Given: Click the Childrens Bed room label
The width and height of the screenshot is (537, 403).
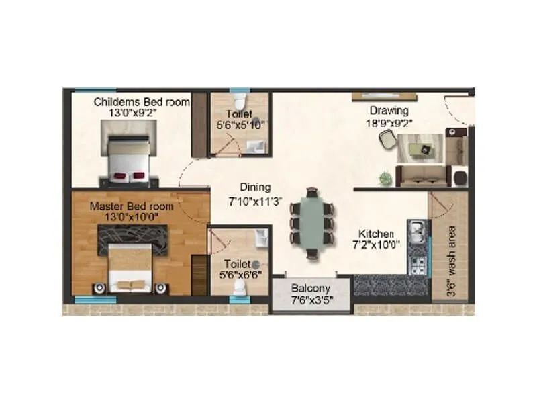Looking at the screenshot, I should (141, 102).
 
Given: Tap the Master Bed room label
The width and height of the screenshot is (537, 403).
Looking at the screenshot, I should (132, 206).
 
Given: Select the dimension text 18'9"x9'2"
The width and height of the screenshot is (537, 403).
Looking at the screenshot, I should (387, 122).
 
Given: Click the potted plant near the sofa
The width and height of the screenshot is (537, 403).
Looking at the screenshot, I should (385, 178).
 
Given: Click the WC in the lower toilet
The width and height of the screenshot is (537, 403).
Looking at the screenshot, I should (238, 286).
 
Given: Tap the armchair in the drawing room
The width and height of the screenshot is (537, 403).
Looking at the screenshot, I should (387, 140).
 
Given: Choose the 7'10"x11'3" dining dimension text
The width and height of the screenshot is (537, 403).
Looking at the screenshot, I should (256, 199).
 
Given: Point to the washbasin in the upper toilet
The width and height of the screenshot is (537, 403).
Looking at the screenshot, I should (256, 147).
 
